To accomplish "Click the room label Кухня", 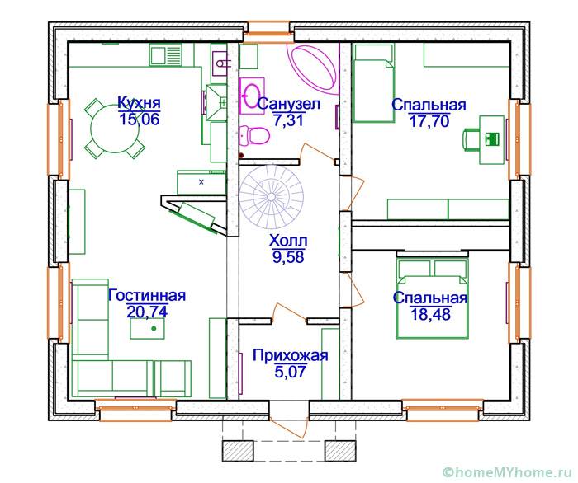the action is pos(139,102).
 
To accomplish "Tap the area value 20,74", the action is pos(148,312).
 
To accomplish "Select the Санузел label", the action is pos(289,104).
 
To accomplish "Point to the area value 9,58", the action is pos(288,257).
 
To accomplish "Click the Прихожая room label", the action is pos(290,356).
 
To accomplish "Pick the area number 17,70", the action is pos(429,120).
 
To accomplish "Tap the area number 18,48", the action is pos(430,314).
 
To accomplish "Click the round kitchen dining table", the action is pos(115,129).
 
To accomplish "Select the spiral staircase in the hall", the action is pos(272,197).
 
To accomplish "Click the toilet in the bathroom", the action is pos(254,136).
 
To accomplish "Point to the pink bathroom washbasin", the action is pos(252,96).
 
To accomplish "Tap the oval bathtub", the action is pos(313,68).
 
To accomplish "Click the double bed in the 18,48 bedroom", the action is pos(432,299).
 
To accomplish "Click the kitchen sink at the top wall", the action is pos(166,55).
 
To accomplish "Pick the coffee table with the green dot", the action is pos(147,329).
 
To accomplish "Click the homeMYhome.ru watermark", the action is pos(509,472).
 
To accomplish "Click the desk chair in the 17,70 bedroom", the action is pos(471,139).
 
